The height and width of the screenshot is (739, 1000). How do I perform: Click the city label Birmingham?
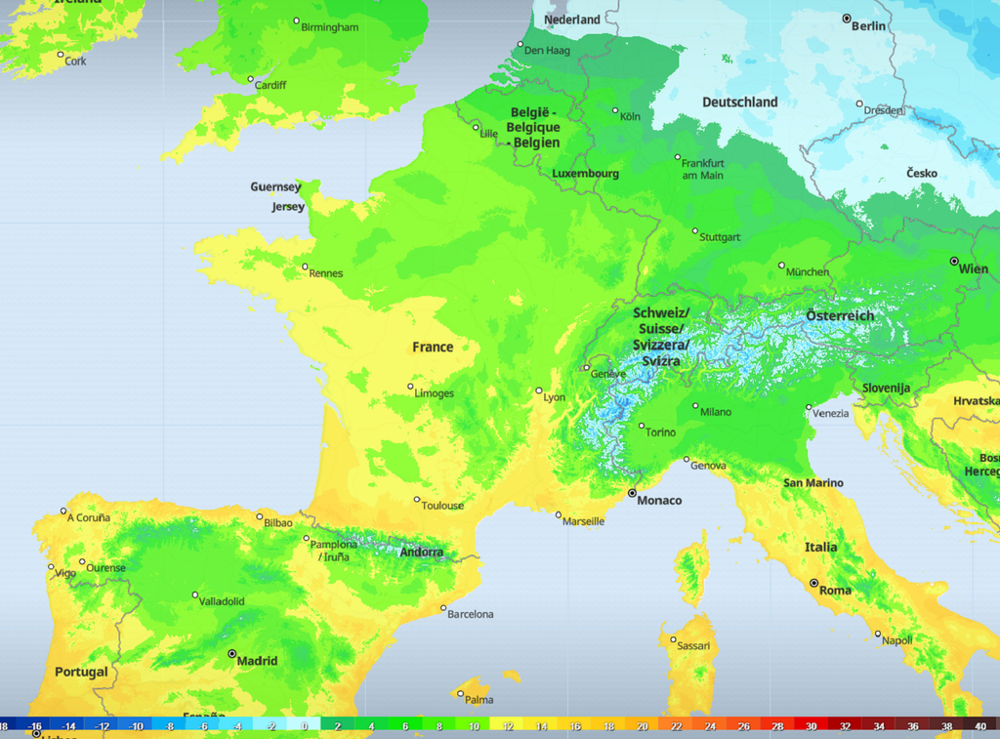point(330,27)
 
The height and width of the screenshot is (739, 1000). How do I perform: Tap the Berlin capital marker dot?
point(847,19)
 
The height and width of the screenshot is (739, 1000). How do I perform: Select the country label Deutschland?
point(739,103)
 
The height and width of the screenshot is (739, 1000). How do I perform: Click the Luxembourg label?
point(585,174)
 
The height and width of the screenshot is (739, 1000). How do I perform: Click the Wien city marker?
point(954,261)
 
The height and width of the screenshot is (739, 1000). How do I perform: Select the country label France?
point(432,348)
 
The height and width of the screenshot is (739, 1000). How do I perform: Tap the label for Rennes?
point(326,273)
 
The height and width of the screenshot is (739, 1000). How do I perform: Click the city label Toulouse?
point(443,506)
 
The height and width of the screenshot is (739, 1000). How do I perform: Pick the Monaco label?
point(659,501)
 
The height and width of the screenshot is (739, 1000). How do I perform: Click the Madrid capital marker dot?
point(232,653)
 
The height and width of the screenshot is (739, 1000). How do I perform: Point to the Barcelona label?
point(472,614)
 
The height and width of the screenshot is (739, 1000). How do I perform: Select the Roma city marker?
point(813,583)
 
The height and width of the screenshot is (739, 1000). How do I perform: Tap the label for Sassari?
point(693,646)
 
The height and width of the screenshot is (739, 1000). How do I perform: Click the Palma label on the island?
point(479,700)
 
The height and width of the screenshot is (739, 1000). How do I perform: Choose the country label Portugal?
point(81,673)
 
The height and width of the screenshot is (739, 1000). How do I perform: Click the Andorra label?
point(421,553)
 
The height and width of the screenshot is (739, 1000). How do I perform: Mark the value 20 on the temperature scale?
point(642,726)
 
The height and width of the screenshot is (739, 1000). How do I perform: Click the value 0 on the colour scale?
point(305,726)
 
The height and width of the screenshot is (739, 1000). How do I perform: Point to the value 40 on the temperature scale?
point(979,726)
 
